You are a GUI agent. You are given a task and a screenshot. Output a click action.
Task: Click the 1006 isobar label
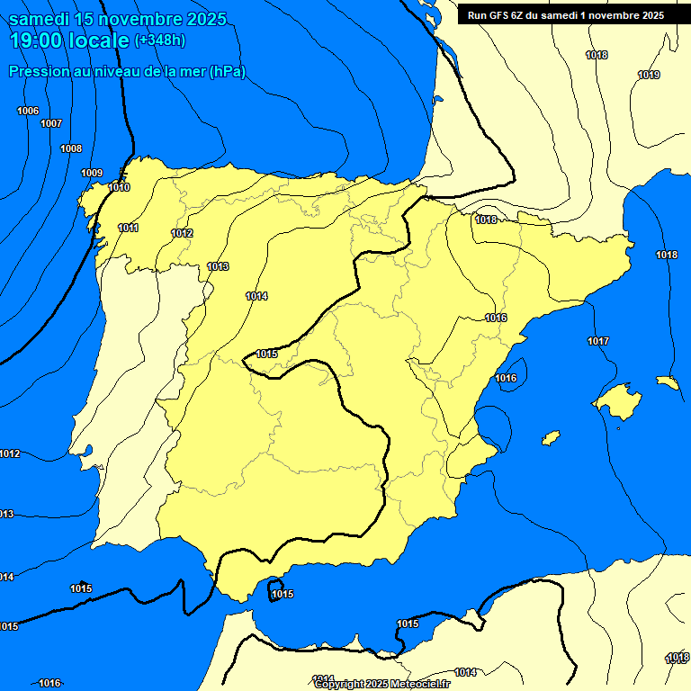click(28, 111)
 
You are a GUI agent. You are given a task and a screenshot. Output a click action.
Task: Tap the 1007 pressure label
click(51, 123)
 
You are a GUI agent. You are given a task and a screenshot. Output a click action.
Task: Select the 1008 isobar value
click(71, 148)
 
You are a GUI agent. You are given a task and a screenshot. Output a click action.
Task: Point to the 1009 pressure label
click(92, 173)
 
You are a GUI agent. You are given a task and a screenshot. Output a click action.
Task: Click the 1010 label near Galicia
click(119, 187)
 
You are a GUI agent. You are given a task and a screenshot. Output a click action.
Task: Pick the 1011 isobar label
click(128, 228)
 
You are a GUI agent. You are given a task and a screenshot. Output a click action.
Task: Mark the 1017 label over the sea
click(598, 341)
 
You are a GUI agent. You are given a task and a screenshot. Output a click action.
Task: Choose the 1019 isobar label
click(649, 75)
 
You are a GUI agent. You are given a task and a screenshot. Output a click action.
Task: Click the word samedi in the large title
click(39, 19)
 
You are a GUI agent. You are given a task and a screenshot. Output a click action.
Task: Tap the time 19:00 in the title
click(36, 40)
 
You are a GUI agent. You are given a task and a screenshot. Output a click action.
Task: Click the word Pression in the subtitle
click(37, 72)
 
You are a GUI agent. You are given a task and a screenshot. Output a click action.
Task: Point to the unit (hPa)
click(228, 72)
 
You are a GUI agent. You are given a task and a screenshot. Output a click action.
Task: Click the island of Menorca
click(667, 382)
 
